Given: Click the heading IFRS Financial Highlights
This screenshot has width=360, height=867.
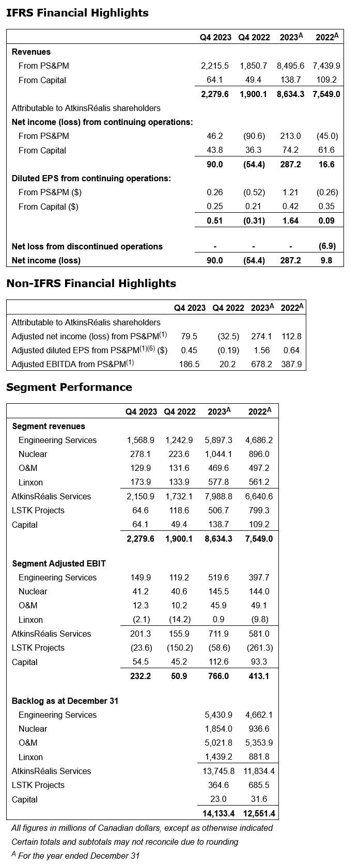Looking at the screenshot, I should pos(77,13).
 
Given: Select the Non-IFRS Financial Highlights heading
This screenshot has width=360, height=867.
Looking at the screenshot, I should pos(91,283).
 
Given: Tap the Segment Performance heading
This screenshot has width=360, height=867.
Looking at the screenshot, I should pos(69,387).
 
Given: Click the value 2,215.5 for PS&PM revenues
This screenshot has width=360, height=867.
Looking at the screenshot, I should pos(215,66).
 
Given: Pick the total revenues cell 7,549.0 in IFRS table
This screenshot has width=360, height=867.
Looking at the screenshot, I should pos(326,94).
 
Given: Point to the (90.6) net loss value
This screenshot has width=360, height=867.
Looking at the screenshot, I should pos(254,136).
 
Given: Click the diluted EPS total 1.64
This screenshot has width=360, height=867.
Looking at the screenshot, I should pos(291,220).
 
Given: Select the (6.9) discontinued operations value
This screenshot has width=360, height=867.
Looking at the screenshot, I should pos(328,246).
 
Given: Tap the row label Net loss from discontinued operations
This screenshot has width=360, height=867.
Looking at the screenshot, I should pos(87,246).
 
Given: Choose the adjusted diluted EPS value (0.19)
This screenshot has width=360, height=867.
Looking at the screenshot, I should pos(228,350).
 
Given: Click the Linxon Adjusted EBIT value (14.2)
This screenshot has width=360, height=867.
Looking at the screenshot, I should pos(179,620).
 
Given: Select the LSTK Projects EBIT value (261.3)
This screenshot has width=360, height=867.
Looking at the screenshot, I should pos(260,648).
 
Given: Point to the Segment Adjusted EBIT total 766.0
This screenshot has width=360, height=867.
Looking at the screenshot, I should pos(218,676).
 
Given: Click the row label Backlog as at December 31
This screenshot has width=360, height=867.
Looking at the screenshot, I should pos(65,701).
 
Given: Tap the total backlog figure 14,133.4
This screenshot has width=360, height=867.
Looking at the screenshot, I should pos(217,813).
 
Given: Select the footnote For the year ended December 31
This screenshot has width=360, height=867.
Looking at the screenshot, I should pos(79,856).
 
